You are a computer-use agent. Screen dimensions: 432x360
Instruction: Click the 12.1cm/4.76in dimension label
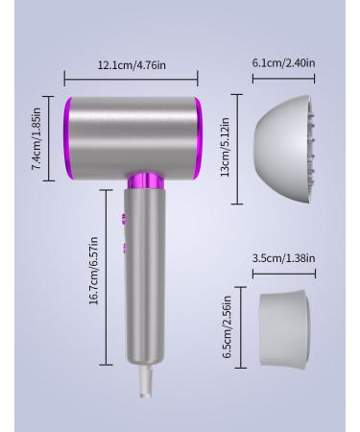coord(132,65)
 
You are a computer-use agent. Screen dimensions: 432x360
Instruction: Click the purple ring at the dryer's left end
coord(71,136)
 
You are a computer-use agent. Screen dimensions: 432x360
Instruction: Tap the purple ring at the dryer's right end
coord(198,136)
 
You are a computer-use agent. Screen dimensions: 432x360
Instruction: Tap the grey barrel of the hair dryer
coord(134,134)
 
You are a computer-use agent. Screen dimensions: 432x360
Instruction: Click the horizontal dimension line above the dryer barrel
coord(132,81)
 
